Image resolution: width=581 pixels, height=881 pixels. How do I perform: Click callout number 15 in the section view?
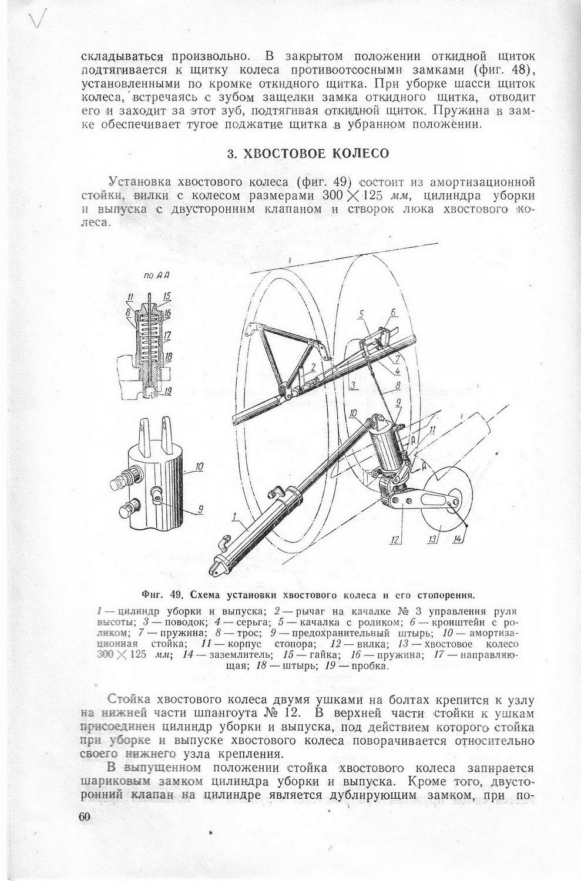167,295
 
